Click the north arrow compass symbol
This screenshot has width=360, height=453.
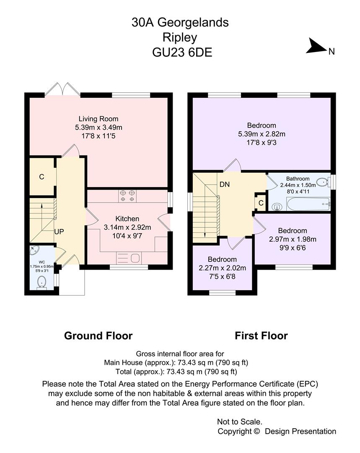pyautogui.click(x=317, y=46)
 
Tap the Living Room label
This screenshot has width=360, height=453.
pyautogui.click(x=98, y=119)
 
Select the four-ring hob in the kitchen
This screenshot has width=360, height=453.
pyautogui.click(x=127, y=196)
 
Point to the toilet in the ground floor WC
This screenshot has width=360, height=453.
pyautogui.click(x=42, y=282)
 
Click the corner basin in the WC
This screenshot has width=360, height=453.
pyautogui.click(x=34, y=250)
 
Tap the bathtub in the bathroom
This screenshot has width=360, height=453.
pyautogui.click(x=308, y=204)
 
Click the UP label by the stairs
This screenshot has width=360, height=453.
pyautogui.click(x=59, y=232)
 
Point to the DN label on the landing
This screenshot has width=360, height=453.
pyautogui.click(x=225, y=184)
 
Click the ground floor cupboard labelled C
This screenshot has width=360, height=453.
pyautogui.click(x=42, y=177)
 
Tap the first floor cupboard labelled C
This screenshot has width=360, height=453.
pyautogui.click(x=260, y=203)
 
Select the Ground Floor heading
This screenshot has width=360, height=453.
pyautogui.click(x=98, y=336)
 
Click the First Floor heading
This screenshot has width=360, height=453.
pyautogui.click(x=261, y=336)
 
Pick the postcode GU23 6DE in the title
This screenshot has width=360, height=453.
pyautogui.click(x=182, y=52)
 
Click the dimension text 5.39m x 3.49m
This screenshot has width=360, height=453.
pyautogui.click(x=98, y=127)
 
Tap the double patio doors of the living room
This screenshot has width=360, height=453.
pyautogui.click(x=62, y=89)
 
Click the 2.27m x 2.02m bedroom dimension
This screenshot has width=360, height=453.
pyautogui.click(x=222, y=268)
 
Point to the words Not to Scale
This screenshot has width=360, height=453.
pyautogui.click(x=240, y=422)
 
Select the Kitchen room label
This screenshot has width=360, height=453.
pyautogui.click(x=127, y=219)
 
